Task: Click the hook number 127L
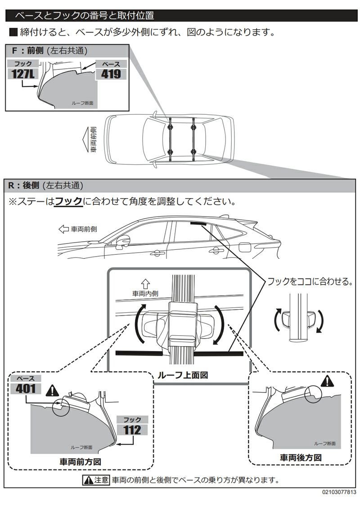(23, 74)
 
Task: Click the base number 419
(111, 74)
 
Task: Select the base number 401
(26, 388)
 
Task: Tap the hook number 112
(132, 430)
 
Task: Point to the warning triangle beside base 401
(53, 389)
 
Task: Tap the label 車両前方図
(80, 461)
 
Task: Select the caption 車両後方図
(301, 457)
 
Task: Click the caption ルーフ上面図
(182, 375)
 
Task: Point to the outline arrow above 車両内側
(145, 284)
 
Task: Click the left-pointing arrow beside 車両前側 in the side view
(63, 229)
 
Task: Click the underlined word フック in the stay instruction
(68, 201)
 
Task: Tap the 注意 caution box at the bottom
(95, 480)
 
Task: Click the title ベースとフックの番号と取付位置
(85, 16)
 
